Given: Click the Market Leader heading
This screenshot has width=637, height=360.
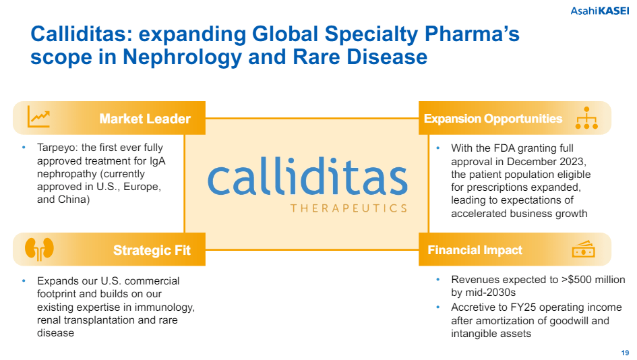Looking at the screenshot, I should (x=145, y=119).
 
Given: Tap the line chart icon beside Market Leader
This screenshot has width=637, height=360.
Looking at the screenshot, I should (x=38, y=117).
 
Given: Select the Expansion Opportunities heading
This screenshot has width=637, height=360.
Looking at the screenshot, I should (x=493, y=119).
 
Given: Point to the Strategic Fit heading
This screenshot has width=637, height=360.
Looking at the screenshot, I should (x=152, y=250).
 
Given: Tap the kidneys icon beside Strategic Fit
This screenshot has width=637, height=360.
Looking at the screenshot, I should (x=38, y=249).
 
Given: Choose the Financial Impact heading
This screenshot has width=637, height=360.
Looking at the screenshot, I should (x=475, y=250).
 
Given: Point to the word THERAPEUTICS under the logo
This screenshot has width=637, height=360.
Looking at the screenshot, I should (x=348, y=208).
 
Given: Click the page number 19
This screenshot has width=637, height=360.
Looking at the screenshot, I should (x=625, y=351).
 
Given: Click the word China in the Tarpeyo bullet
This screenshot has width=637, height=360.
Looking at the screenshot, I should (x=73, y=200).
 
